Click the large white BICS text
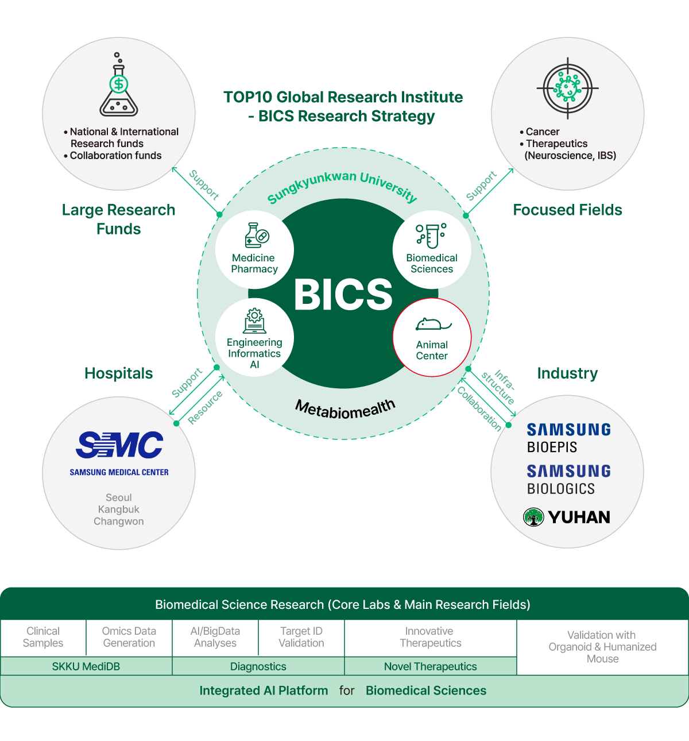pos(343,295)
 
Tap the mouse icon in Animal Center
pos(432,325)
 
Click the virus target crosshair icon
pos(567,88)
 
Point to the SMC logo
pos(119,445)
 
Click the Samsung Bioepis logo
pos(568,438)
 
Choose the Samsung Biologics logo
pos(568,480)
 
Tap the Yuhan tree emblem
pos(533,517)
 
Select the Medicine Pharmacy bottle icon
pos(256,236)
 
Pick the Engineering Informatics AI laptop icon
pos(254,321)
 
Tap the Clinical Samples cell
pos(43,637)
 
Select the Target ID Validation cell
pos(301,637)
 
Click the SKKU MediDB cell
pos(86,666)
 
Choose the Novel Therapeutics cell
pos(431,666)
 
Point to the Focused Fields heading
pos(567,210)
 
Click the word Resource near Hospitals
pos(205,407)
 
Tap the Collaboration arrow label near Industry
pos(479,408)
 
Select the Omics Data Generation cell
pos(129,637)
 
